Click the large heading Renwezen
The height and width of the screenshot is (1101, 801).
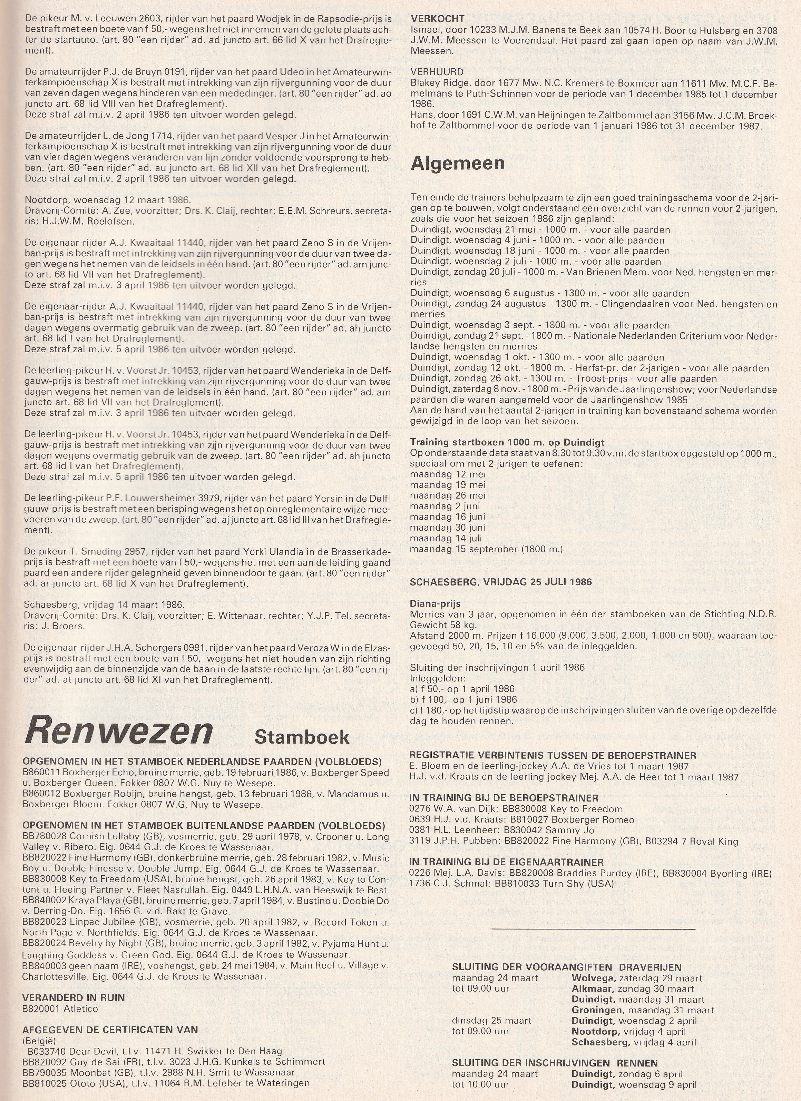[x=119, y=731]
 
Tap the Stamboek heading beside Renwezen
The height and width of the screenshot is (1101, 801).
[x=302, y=736]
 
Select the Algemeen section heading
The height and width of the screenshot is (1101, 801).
[x=457, y=164]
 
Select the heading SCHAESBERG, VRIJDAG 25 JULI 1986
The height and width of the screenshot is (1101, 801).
[x=500, y=582]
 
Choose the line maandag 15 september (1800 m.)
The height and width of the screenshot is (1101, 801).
[x=486, y=549]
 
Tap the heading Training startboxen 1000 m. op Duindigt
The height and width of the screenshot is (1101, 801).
[x=507, y=442]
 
